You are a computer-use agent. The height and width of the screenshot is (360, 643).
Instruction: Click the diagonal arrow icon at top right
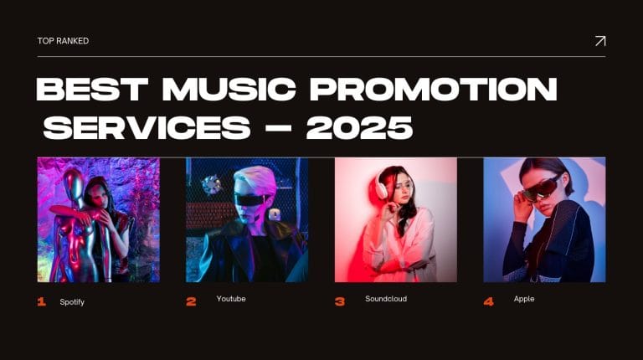[x=599, y=41]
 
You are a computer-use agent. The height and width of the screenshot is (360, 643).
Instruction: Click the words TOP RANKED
[x=63, y=41]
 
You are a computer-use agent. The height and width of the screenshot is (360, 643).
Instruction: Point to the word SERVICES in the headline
[x=147, y=128]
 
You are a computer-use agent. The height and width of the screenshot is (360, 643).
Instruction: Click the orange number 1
[x=42, y=301]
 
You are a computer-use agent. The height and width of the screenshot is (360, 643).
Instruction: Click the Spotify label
[x=72, y=301]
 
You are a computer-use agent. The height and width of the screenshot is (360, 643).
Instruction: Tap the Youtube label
[x=231, y=299]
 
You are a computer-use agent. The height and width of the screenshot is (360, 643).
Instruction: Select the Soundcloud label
[x=386, y=299]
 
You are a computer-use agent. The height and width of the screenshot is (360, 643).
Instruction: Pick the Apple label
[x=524, y=299]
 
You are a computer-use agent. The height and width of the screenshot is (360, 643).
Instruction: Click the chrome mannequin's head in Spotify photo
[x=76, y=182]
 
